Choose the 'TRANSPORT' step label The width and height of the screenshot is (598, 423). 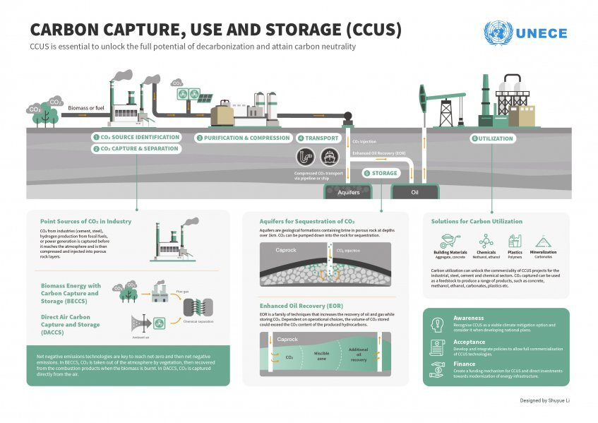[321, 138]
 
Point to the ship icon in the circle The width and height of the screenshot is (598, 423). [328, 157]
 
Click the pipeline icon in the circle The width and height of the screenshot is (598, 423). [304, 157]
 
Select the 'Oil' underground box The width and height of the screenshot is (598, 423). [414, 191]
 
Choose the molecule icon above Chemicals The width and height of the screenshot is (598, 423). [486, 241]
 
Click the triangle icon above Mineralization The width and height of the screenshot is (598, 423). [543, 241]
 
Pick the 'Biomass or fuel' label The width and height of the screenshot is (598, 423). [85, 107]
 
